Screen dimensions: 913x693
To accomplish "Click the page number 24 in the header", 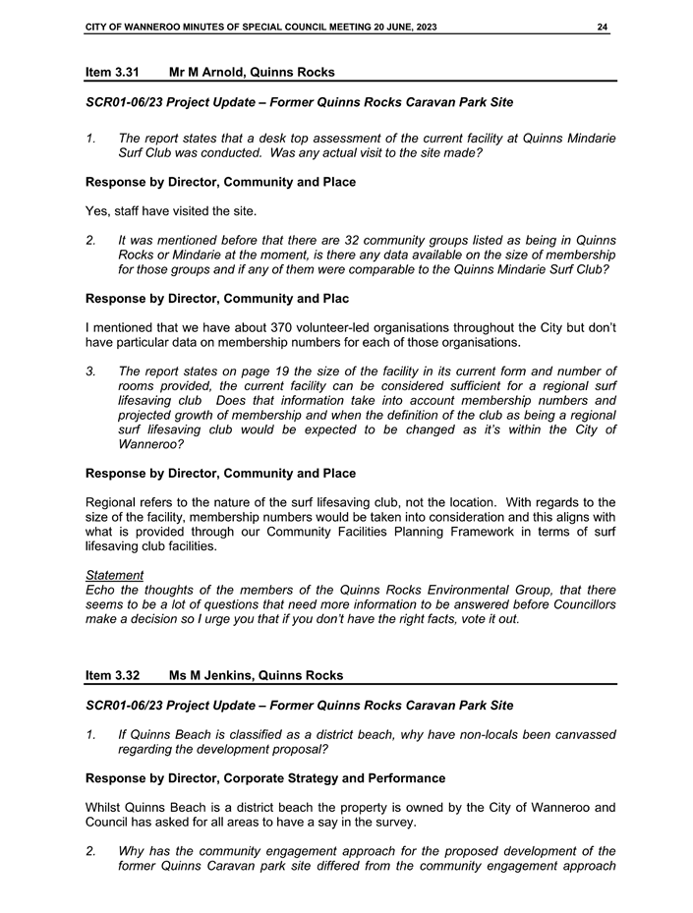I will coord(602,26).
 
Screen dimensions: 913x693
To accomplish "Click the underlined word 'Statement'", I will coord(114,575).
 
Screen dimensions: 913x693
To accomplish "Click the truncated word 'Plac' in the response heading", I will coord(333,298).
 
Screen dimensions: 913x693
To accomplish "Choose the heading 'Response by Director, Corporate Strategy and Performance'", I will coord(265,778).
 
